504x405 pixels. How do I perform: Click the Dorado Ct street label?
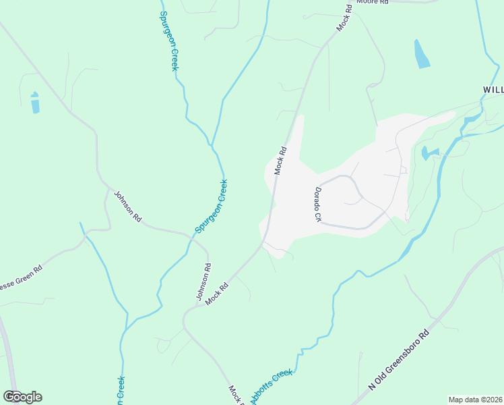click(316, 205)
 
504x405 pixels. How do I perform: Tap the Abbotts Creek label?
click(272, 386)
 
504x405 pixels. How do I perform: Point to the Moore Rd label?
click(373, 3)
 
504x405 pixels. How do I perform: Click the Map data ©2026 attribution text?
click(475, 400)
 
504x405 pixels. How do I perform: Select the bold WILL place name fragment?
click(493, 89)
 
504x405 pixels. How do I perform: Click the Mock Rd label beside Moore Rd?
click(344, 18)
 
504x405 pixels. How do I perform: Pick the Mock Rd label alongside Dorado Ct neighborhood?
click(281, 161)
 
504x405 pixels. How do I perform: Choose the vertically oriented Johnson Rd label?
click(201, 282)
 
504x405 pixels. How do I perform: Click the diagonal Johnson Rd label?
click(127, 207)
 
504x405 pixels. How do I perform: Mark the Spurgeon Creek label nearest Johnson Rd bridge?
click(212, 206)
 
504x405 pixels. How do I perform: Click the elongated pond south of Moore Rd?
click(422, 54)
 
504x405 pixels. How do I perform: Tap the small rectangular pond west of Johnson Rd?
click(35, 103)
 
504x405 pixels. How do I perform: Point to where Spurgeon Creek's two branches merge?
click(212, 146)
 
